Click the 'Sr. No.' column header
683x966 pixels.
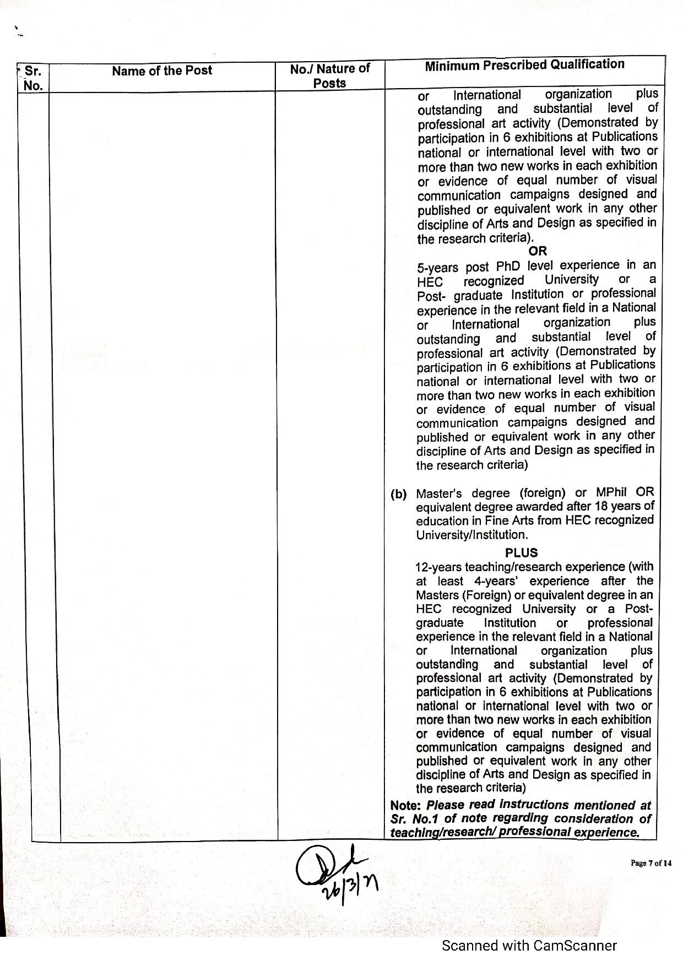33,78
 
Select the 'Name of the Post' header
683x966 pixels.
162,70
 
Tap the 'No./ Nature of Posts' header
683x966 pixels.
329,76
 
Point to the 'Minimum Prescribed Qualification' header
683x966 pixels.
524,65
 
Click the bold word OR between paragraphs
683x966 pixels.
538,251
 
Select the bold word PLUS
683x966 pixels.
521,552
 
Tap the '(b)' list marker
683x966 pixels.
399,494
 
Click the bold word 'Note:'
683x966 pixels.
405,806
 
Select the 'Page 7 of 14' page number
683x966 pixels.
651,863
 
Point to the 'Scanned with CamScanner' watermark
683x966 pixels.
529,946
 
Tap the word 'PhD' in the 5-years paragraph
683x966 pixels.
508,267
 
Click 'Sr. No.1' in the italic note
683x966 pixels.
415,819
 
